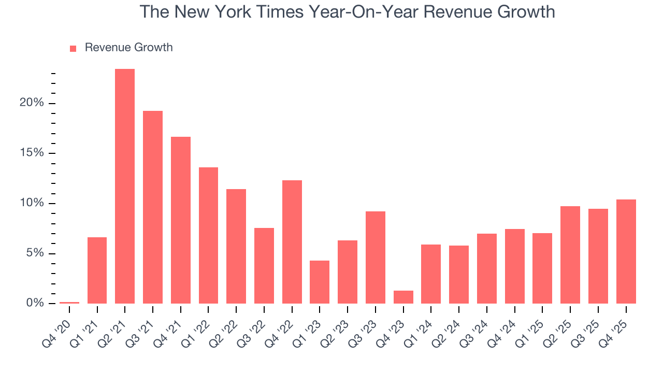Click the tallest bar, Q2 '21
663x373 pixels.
[x=125, y=187]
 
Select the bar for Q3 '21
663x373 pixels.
[x=153, y=207]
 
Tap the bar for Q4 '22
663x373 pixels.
[x=292, y=242]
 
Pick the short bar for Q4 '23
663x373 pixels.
[x=403, y=297]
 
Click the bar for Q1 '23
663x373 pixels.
[x=320, y=282]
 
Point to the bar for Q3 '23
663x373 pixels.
[x=376, y=257]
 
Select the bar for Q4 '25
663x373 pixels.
[x=626, y=251]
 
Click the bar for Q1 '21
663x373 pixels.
[x=97, y=270]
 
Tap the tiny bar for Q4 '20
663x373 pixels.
[x=69, y=303]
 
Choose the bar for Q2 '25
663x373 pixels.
[x=570, y=255]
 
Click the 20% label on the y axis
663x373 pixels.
[x=32, y=103]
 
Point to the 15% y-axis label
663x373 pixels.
[x=32, y=153]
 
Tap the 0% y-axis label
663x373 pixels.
[x=35, y=303]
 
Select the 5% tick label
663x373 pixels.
[x=35, y=253]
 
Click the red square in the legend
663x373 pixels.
[x=73, y=48]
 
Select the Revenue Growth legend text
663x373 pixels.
[x=128, y=48]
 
